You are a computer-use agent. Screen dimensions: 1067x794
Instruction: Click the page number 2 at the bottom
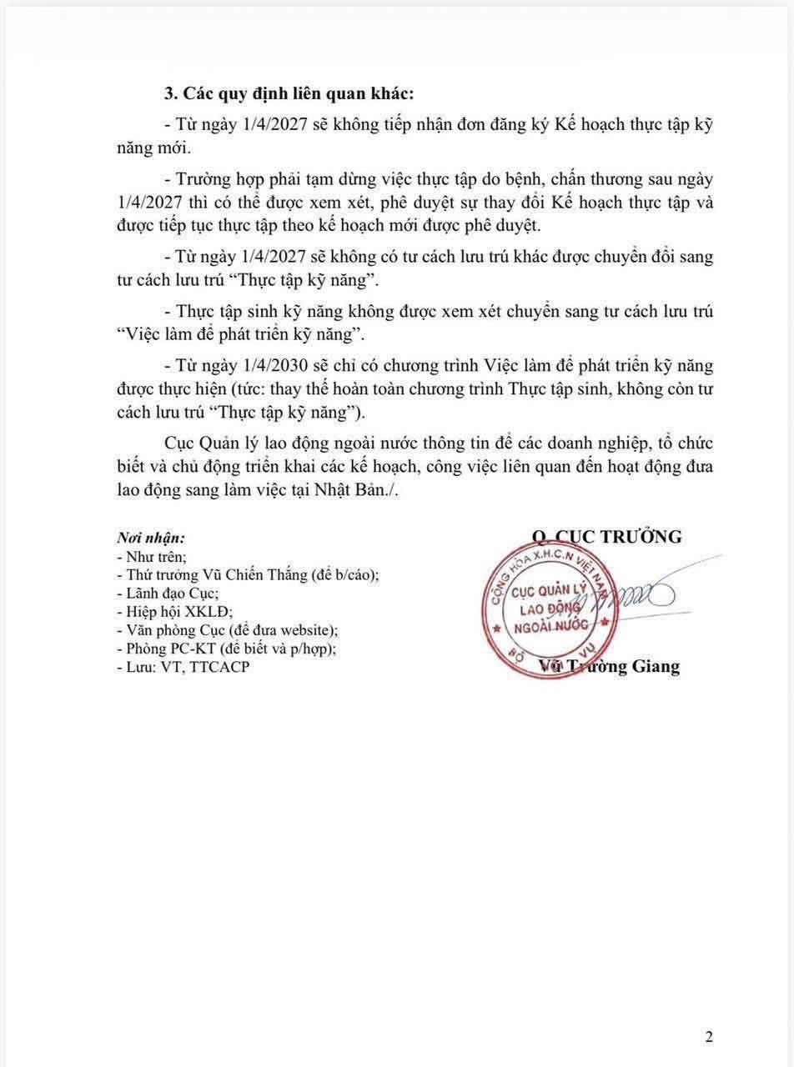709,1037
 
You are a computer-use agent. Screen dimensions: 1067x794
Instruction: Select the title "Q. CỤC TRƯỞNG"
607,537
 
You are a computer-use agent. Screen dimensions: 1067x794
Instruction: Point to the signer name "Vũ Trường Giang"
610,666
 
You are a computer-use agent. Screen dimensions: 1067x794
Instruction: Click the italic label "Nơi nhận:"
151,539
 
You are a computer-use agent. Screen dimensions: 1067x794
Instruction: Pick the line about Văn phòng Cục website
228,630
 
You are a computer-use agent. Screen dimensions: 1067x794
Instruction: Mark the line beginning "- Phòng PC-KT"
227,649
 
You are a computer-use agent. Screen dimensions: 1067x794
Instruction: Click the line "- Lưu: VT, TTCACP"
183,667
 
